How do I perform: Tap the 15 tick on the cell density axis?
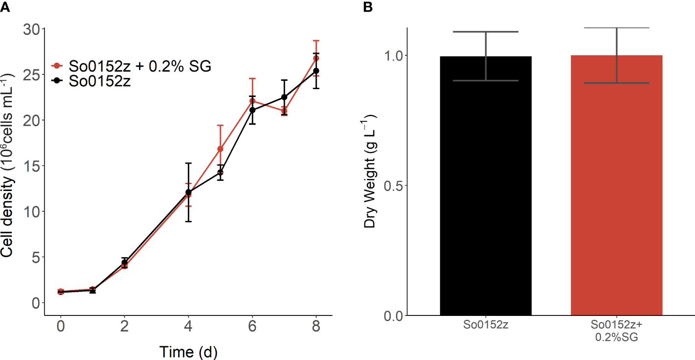tap(32, 166)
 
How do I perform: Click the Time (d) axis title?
tap(188, 351)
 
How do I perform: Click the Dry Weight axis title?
tap(371, 171)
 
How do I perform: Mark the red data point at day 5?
tap(221, 149)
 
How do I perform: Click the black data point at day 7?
tap(284, 97)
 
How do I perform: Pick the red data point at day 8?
tap(316, 58)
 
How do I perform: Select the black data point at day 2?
tap(124, 263)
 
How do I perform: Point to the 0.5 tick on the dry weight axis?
tap(393, 186)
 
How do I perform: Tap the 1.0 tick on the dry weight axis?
tap(393, 55)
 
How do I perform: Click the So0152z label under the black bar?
tap(486, 325)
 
